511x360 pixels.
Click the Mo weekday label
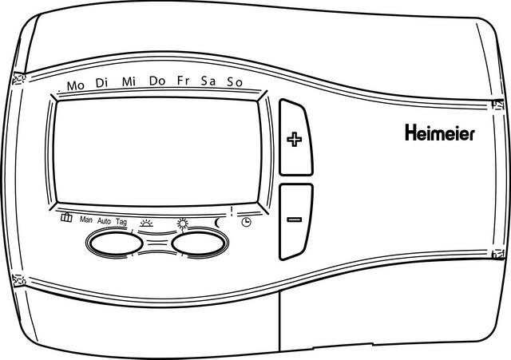(x=76, y=85)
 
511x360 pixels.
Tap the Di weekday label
(x=101, y=83)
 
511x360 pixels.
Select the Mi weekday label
(x=129, y=81)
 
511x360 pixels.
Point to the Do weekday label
(x=157, y=81)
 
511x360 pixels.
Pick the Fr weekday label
(x=183, y=81)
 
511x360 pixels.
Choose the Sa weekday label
(x=208, y=81)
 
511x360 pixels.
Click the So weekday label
(x=235, y=82)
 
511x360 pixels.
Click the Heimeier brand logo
(x=440, y=133)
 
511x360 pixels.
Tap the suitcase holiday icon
(x=66, y=217)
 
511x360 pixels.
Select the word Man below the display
(x=86, y=220)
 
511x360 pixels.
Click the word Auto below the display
(x=104, y=221)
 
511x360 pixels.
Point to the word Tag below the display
(x=121, y=222)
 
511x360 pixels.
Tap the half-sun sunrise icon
(x=146, y=224)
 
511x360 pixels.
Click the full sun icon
(x=183, y=224)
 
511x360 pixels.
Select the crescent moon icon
(x=217, y=223)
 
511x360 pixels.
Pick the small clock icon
(x=247, y=223)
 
